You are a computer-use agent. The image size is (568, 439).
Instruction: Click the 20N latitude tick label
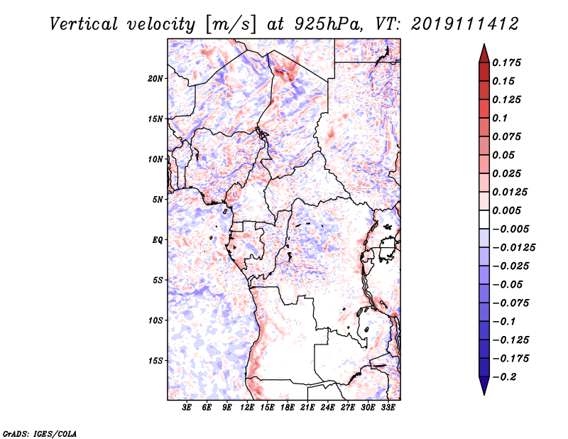155,79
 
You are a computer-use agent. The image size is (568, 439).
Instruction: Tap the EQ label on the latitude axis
157,240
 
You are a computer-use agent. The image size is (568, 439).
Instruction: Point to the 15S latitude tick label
155,361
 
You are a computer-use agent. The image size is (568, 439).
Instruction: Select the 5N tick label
158,200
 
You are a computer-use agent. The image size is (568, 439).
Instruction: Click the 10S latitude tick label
155,320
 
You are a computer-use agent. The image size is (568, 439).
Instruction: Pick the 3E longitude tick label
187,408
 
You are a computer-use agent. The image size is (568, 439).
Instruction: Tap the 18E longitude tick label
288,408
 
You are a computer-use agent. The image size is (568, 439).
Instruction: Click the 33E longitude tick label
388,408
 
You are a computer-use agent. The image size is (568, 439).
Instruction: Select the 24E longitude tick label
327,408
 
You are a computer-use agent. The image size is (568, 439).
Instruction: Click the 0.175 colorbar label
506,63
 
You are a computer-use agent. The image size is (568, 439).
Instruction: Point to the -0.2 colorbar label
504,377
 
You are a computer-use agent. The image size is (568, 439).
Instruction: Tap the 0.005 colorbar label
506,210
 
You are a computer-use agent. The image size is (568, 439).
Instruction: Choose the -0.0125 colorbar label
513,248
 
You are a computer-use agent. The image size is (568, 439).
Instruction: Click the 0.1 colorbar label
500,118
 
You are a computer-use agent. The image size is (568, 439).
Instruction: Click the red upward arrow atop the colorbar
484,53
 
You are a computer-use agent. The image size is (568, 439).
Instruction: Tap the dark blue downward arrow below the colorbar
484,385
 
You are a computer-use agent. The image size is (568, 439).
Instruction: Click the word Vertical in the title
84,24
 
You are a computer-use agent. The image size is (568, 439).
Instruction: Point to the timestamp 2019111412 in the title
465,24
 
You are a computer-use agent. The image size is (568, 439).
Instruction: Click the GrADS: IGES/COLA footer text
40,433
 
